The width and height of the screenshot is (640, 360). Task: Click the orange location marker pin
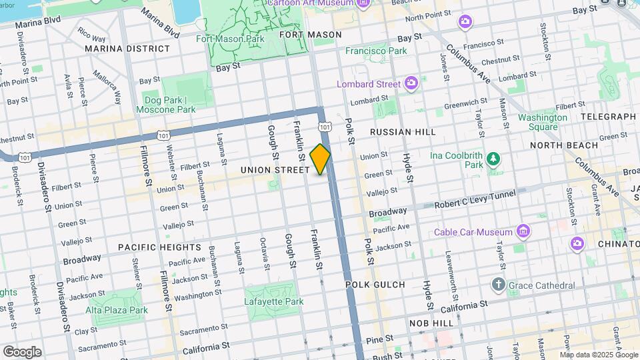(321, 159)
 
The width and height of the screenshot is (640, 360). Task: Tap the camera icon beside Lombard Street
(411, 83)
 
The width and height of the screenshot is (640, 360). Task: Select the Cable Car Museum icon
(523, 232)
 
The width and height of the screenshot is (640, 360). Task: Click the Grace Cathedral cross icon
(498, 285)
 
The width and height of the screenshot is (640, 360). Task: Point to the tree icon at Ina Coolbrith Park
(493, 159)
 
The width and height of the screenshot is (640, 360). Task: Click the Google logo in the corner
(22, 352)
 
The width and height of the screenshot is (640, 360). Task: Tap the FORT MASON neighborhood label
(310, 35)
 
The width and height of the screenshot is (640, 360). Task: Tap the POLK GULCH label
(375, 285)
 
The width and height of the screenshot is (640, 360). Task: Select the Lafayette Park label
(274, 301)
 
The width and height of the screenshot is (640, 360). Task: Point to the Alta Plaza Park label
(116, 310)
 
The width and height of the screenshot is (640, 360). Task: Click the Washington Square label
(543, 122)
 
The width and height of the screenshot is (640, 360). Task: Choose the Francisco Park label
(376, 51)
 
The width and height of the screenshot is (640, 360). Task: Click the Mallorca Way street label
(107, 87)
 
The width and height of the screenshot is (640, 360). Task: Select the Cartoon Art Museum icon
(363, 3)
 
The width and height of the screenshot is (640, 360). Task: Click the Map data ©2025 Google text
(598, 355)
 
